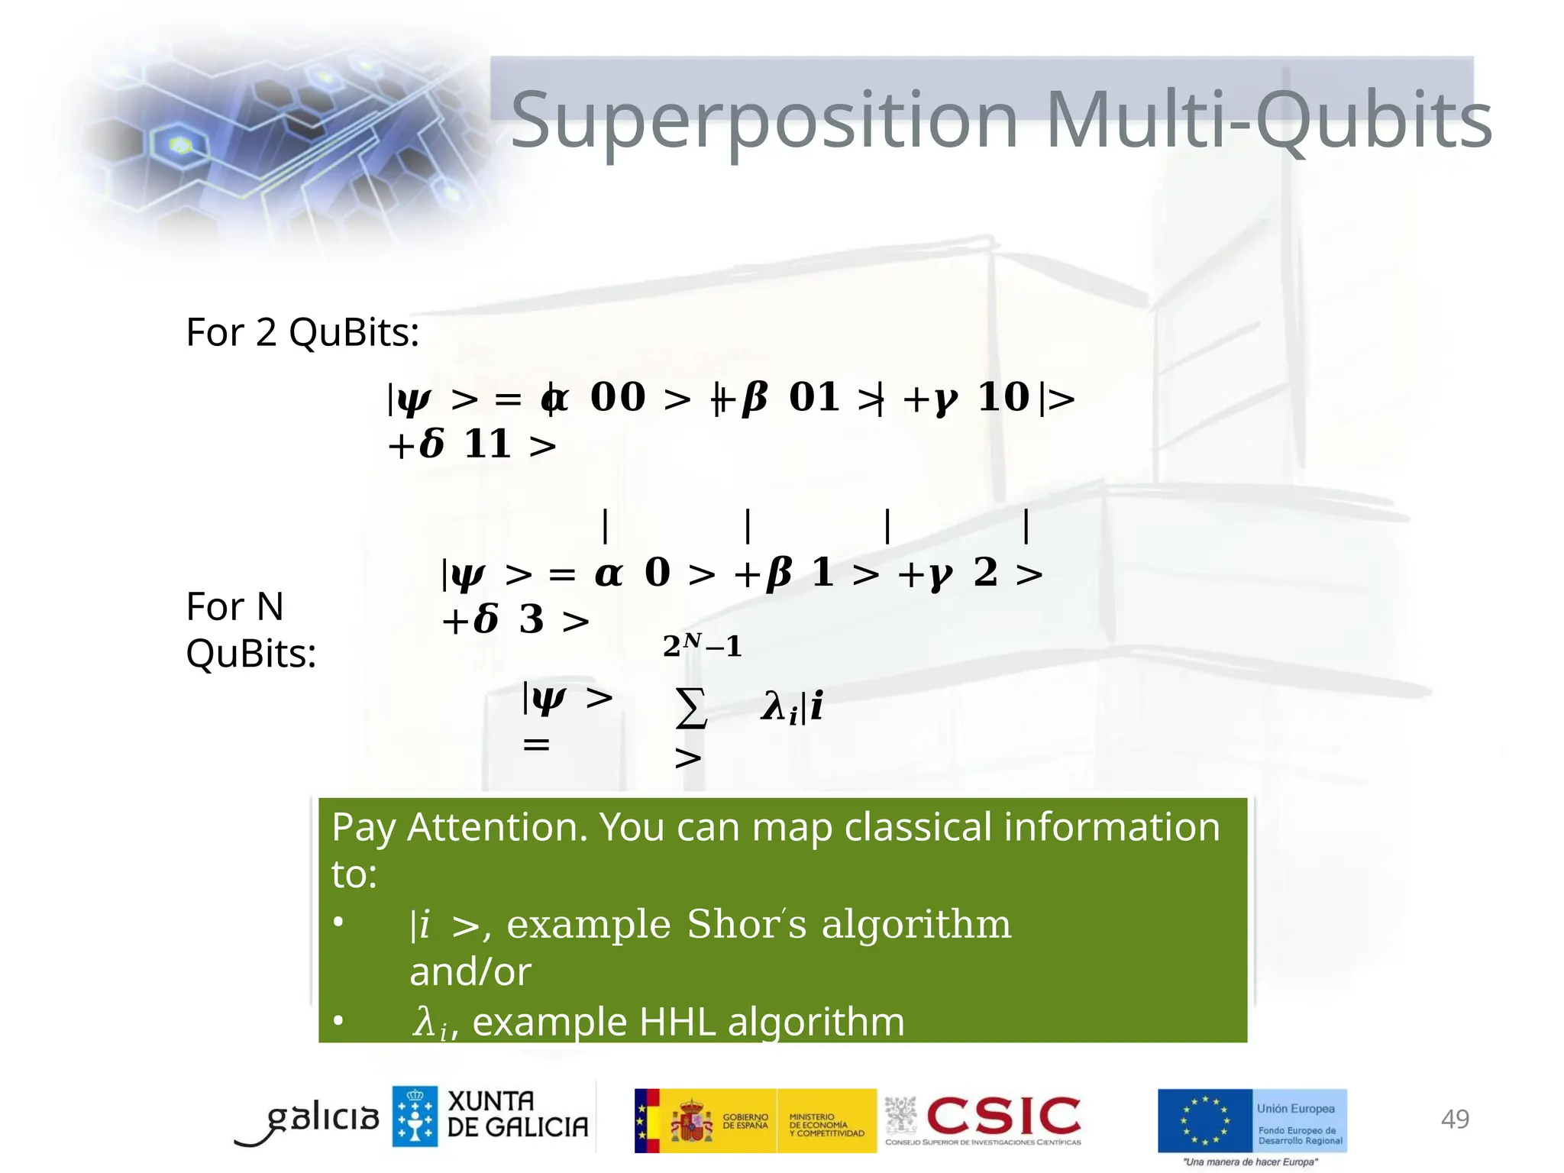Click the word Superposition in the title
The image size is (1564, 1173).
[764, 121]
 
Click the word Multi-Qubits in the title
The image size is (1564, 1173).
[1268, 121]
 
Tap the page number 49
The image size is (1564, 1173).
[1454, 1119]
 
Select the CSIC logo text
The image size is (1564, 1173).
[1003, 1116]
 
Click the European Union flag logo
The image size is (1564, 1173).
[1205, 1120]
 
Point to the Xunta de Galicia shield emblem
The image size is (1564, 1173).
[415, 1116]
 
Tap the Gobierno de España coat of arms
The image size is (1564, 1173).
[691, 1121]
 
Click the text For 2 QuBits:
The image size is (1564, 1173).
[302, 332]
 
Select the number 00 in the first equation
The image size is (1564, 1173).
[618, 397]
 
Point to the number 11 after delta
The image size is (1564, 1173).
[487, 444]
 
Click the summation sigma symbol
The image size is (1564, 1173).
[690, 707]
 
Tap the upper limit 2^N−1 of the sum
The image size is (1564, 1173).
[702, 645]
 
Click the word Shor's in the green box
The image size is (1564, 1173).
[746, 924]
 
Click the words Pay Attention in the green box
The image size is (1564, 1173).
[458, 827]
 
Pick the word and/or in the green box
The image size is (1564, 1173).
[470, 971]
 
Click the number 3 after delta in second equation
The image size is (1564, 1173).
[532, 619]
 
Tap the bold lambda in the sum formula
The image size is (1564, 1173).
[773, 705]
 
